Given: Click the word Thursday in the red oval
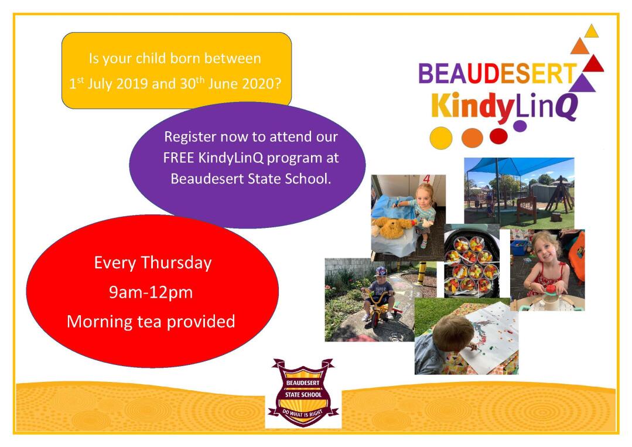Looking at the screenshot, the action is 176,263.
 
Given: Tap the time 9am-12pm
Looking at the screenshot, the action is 151,292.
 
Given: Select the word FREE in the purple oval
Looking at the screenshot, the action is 178,158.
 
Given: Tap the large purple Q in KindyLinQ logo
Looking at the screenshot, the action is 568,107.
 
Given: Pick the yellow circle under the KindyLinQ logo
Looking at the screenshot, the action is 441,138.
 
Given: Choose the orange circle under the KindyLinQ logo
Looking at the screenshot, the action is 472,138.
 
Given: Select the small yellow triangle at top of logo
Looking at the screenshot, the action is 591,32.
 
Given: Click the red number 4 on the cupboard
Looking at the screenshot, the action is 426,179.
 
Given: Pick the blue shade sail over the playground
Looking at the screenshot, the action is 519,166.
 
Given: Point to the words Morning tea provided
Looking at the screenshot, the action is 151,322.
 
